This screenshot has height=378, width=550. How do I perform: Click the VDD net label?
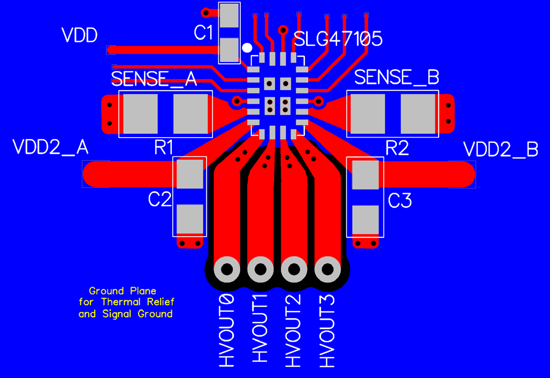(79, 35)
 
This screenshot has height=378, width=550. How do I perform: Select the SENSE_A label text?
(154, 79)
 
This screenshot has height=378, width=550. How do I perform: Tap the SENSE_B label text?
(396, 77)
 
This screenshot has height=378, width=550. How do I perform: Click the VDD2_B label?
(500, 149)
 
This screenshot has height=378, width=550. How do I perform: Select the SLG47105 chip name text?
(338, 39)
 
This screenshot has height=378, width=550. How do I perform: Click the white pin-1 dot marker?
(247, 48)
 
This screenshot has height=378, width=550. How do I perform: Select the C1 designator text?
(203, 33)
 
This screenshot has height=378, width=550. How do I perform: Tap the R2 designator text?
(397, 148)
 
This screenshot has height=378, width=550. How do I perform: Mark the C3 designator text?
(400, 201)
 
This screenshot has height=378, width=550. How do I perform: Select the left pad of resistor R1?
(140, 114)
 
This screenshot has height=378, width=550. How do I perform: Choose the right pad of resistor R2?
(418, 114)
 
